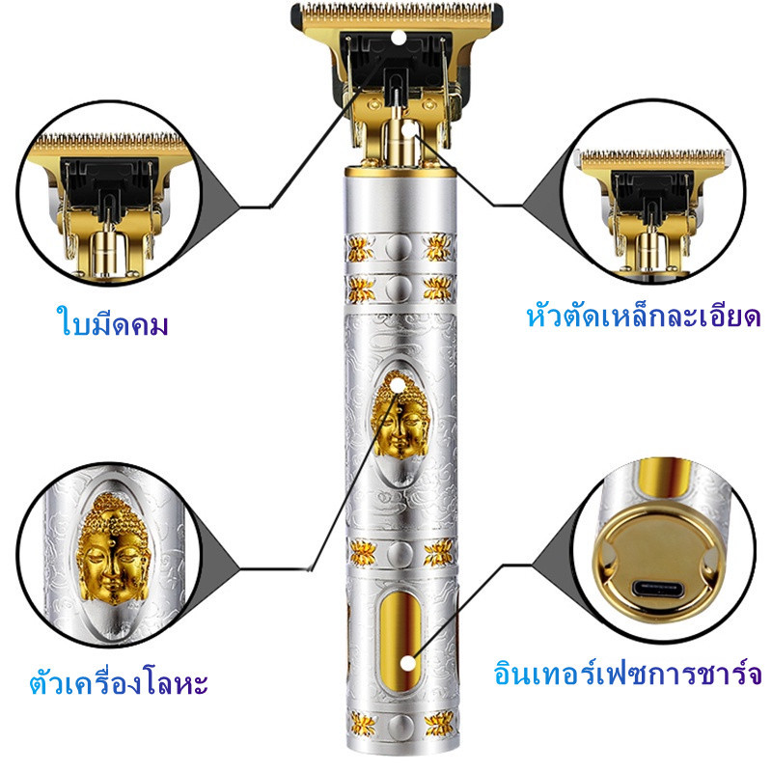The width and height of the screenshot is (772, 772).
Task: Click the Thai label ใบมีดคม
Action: (x=113, y=321)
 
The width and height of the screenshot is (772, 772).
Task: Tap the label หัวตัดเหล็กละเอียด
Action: (x=644, y=317)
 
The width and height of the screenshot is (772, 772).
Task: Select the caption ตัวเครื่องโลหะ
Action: (x=119, y=681)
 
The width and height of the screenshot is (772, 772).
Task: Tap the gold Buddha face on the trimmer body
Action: (x=400, y=415)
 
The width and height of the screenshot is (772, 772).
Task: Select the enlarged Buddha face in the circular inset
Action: (x=113, y=548)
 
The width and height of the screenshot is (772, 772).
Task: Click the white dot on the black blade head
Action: (x=399, y=38)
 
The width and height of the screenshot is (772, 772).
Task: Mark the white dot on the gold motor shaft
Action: (x=409, y=129)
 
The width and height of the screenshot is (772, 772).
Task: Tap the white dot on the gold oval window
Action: (x=407, y=663)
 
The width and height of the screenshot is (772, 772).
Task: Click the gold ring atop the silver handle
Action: (x=400, y=171)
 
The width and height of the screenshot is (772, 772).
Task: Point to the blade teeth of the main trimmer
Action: (x=397, y=11)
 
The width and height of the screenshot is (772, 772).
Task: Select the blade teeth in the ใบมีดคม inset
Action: (x=109, y=139)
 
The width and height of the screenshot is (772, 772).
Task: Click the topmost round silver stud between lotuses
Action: (x=399, y=248)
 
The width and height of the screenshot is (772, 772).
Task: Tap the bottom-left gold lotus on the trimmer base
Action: (x=363, y=725)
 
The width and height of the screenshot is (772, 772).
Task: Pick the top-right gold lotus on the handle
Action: (x=437, y=247)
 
